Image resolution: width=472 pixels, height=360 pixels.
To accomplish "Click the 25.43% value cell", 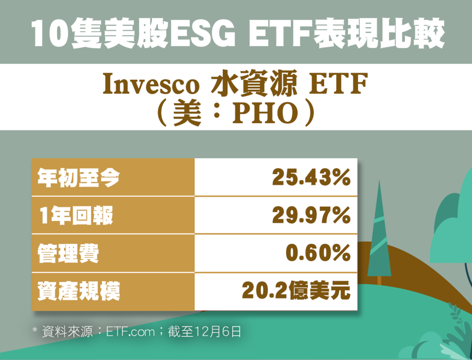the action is pos(311,177).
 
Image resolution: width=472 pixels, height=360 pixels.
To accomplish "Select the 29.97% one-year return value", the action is pos(311,215).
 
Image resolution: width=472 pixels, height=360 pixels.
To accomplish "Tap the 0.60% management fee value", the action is pos(318,253).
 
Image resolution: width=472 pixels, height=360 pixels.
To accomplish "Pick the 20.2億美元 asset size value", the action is pos(296,291).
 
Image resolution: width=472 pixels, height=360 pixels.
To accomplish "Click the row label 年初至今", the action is pos(78,177).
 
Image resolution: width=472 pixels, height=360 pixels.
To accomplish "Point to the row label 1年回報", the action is pos(76,216).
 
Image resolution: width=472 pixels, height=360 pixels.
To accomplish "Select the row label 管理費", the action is pos(68,254).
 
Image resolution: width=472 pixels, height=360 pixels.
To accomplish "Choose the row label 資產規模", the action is pos(78,291).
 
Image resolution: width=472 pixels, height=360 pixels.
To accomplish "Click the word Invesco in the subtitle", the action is pos(151,83).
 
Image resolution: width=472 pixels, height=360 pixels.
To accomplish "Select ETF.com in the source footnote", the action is pos(130,332).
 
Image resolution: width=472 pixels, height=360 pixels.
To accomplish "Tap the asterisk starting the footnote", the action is pos(35,330).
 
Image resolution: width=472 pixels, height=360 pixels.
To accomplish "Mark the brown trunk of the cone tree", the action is pos(379,281).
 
